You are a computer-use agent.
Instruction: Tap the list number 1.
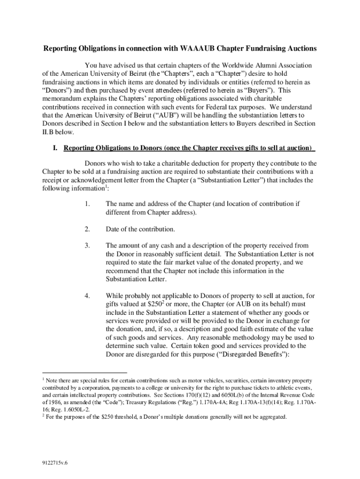(87, 204)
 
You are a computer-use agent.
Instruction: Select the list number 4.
(87, 296)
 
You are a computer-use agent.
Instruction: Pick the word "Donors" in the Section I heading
(149, 148)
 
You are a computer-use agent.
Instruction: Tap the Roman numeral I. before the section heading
(55, 148)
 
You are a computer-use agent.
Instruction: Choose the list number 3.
(87, 246)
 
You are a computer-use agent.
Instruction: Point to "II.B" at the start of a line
(49, 132)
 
